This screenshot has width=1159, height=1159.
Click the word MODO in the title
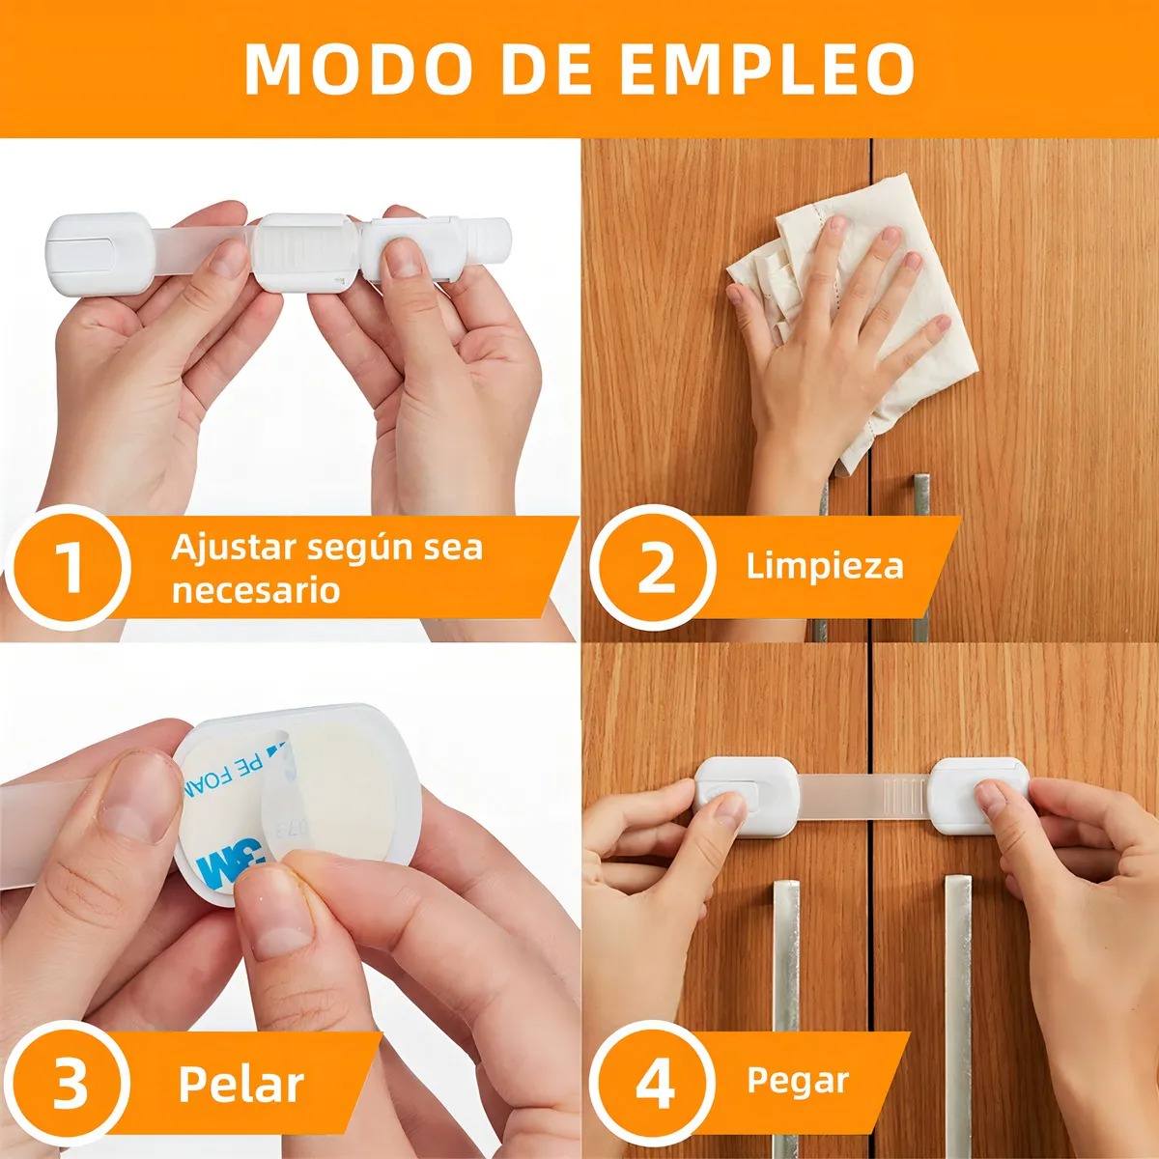[x=358, y=69]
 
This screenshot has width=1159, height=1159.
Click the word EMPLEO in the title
[x=768, y=69]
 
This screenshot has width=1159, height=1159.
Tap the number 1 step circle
[x=68, y=567]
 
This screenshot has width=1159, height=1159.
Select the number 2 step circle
[x=653, y=567]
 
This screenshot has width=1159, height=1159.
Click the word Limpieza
[x=825, y=567]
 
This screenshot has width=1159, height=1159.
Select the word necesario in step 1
[x=256, y=591]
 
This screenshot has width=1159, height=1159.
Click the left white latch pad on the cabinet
[x=747, y=796]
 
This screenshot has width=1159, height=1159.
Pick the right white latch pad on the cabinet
[x=978, y=796]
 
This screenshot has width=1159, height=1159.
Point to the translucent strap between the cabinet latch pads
[x=863, y=795]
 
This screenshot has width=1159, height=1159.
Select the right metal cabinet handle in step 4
[x=958, y=1016]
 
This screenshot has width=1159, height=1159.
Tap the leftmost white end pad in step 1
[x=101, y=253]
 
